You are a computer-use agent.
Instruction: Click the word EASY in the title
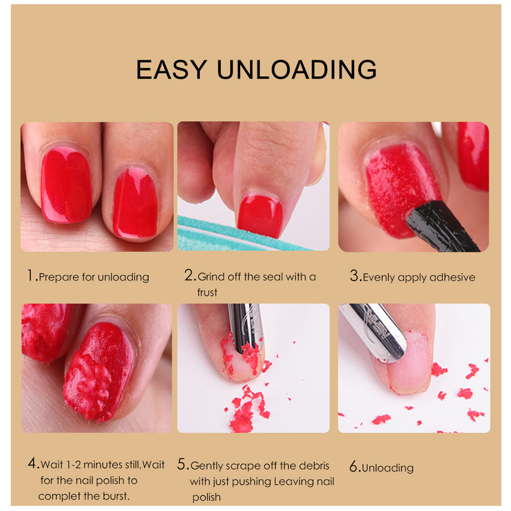pos(171,69)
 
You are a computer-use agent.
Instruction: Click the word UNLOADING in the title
pos(296,69)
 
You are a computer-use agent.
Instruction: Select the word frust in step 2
pos(207,292)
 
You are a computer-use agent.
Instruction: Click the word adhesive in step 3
pos(452,277)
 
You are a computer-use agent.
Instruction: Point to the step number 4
pos(33,464)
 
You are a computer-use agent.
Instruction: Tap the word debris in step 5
pos(313,466)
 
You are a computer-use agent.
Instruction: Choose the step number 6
pos(354,467)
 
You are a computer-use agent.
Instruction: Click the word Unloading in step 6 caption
pos(388,468)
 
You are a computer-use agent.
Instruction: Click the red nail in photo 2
pos(260,216)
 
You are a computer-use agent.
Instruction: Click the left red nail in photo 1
pos(66,185)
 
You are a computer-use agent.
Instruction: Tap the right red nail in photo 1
pos(135,203)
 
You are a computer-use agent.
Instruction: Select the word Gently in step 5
pos(206,466)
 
